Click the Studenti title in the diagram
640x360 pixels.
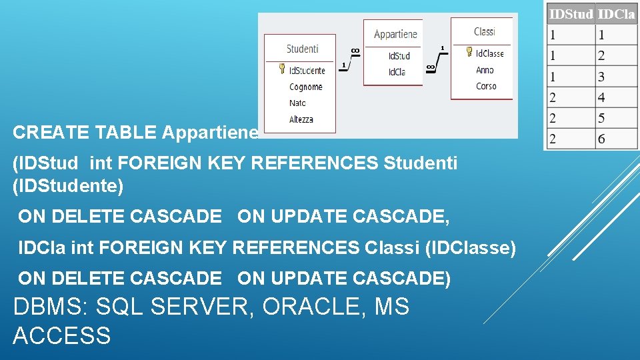tap(302, 49)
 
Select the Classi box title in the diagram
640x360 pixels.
tap(484, 31)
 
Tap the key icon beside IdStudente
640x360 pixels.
tap(282, 69)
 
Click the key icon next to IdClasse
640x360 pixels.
tap(469, 53)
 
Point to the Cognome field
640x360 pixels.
tap(306, 87)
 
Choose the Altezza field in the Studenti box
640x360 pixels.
tap(301, 119)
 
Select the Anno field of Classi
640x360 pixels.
tap(485, 70)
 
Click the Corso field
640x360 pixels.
tap(486, 86)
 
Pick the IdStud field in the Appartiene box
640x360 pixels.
tap(399, 56)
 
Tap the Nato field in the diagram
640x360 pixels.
tap(297, 103)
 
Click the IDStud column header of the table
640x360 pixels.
tap(570, 13)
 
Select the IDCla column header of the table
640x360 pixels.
tap(616, 13)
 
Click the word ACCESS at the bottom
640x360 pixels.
tap(61, 335)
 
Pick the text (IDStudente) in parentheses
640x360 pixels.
tap(68, 186)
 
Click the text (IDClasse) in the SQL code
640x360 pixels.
tap(470, 249)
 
